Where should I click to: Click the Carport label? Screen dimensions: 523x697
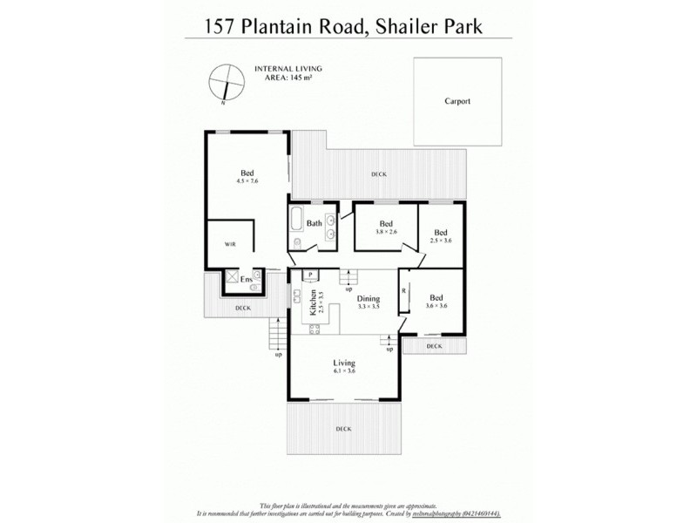[457, 101]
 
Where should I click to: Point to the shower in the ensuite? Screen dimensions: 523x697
[233, 281]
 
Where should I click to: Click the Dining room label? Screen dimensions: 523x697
[368, 298]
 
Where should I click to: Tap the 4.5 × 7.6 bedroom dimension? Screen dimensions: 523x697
[247, 181]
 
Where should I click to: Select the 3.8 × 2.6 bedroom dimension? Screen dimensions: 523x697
[386, 232]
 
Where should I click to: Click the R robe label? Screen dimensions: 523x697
[403, 289]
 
